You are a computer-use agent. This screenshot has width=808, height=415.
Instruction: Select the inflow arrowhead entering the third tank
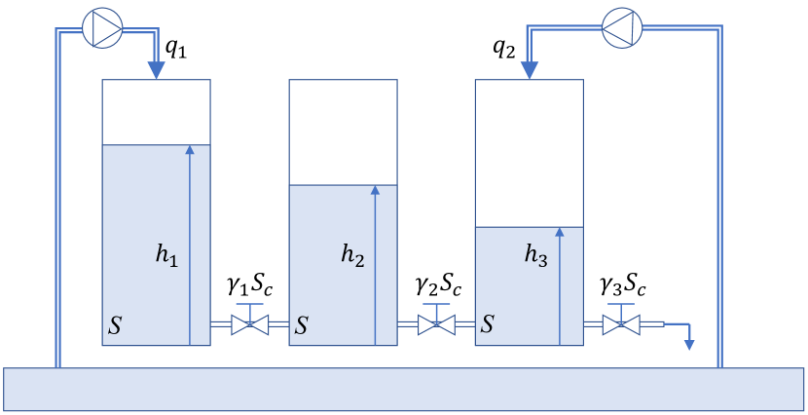pos(529,71)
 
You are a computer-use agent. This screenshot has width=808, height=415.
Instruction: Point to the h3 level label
pos(536,255)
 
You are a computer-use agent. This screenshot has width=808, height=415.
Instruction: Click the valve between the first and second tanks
pos(249,323)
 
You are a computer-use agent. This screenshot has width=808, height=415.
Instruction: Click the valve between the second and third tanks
pos(435,323)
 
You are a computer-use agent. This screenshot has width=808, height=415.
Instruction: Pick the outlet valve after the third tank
pos(620,323)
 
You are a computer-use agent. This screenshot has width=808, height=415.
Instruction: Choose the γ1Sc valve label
pos(250,286)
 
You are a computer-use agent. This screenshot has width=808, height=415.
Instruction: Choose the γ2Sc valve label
pos(436,286)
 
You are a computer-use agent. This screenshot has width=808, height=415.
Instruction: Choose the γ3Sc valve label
pos(622,286)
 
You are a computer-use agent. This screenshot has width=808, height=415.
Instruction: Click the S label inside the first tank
pos(115,326)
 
